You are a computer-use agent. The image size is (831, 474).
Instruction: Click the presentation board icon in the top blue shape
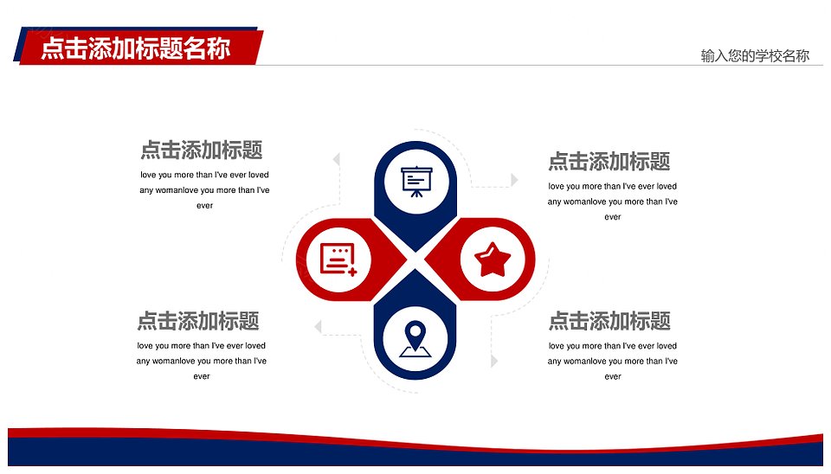(x=416, y=182)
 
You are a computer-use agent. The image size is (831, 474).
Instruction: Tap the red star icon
(x=493, y=260)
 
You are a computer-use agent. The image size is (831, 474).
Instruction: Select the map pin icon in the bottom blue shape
(x=415, y=339)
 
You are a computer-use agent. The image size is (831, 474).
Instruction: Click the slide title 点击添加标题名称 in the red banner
(x=136, y=48)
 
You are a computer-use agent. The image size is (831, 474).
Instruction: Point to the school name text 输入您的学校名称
(x=755, y=55)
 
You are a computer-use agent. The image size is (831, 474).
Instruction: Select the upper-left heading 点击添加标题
(x=202, y=150)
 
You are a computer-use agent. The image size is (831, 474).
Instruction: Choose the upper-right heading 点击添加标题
(x=609, y=161)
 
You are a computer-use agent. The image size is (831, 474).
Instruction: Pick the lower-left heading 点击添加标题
(x=198, y=320)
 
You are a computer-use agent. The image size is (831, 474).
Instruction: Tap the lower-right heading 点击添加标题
(x=609, y=320)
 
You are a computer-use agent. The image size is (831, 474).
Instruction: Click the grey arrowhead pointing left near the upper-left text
(x=336, y=159)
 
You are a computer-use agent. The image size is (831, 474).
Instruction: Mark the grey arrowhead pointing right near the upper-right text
(x=514, y=180)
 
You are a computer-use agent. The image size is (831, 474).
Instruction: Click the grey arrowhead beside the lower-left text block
(x=318, y=327)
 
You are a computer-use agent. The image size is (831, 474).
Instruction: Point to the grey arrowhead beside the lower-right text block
(x=494, y=362)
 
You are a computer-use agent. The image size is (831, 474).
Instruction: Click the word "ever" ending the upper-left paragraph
(x=204, y=206)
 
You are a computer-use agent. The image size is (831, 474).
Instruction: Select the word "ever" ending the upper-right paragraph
(x=613, y=216)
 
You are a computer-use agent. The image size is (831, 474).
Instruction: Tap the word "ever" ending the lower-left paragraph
(x=202, y=376)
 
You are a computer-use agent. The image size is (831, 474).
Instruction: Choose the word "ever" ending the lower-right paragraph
(x=613, y=376)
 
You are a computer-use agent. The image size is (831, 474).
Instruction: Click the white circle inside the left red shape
(x=338, y=259)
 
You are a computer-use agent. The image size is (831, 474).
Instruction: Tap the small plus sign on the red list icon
(x=352, y=272)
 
